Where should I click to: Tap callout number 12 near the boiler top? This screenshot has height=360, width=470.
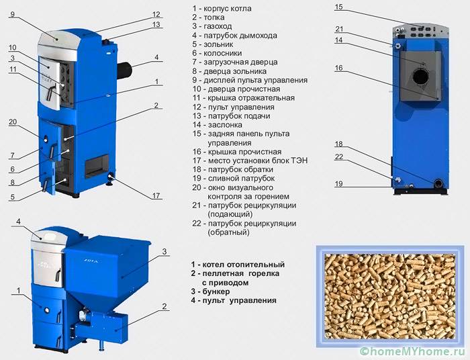click(x=156, y=13)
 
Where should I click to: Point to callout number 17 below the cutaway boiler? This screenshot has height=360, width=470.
click(x=156, y=196)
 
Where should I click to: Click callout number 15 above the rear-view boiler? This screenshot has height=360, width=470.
click(x=338, y=7)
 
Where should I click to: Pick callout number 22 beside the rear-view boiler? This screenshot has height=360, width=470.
click(x=338, y=157)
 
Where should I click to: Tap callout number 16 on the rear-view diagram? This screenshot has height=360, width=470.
click(x=338, y=68)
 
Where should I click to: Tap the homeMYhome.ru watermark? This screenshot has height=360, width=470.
click(x=410, y=350)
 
